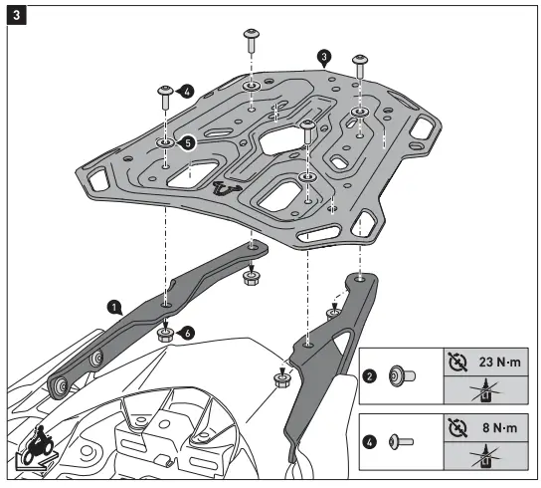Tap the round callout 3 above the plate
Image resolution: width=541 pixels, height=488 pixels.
tap(322, 57)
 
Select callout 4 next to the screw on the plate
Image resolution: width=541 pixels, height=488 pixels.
tap(186, 92)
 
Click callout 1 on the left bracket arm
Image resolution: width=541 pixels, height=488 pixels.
tap(116, 308)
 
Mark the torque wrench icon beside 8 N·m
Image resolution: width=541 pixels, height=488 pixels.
tap(456, 426)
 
